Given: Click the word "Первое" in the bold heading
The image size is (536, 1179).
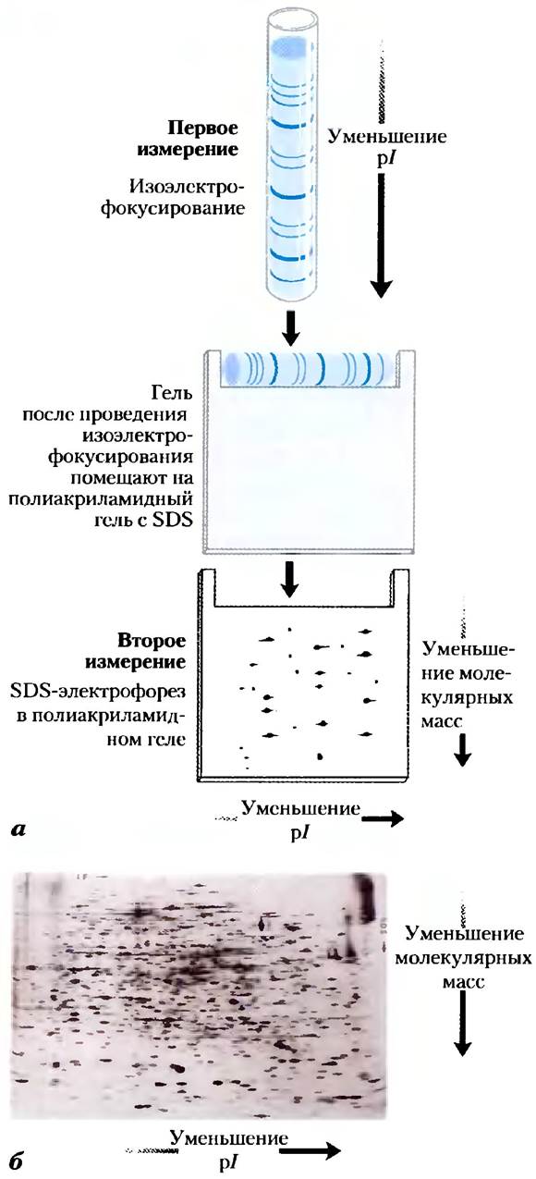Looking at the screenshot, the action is pos(203,128).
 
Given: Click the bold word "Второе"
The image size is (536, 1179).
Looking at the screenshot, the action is pos(152,641).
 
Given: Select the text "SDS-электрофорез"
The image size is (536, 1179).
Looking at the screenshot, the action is pos(98,691).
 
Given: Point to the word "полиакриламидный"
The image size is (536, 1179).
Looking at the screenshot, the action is pos(101,500).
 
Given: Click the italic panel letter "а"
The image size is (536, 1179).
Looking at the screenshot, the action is pos(18,830).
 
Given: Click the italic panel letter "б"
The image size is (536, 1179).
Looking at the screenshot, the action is pos(17,1161).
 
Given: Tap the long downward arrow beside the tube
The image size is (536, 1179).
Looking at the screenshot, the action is pos(382,235).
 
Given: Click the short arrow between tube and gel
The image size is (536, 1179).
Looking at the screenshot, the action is pos(291,329).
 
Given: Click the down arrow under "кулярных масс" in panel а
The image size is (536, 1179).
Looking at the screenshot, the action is pos(463,750).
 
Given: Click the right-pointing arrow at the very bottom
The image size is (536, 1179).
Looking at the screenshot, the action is pos(310,1161).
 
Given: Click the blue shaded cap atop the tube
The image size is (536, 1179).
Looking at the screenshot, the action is pos(287,47).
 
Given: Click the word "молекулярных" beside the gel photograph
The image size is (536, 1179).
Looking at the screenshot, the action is pos(463,956).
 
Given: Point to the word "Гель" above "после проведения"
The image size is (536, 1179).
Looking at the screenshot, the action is pos(172,393).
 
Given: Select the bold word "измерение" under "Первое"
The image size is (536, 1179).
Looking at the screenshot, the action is pos(188,150).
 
